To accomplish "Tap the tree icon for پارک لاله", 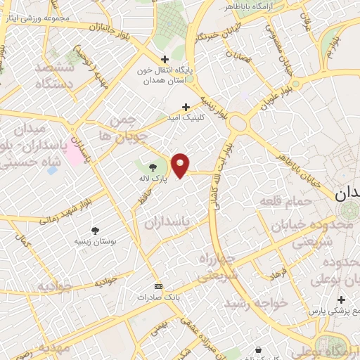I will point(153,167).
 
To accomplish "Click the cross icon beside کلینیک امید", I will point(186,107).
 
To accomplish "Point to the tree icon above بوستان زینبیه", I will point(95,229).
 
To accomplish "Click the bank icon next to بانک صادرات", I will point(158,286).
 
